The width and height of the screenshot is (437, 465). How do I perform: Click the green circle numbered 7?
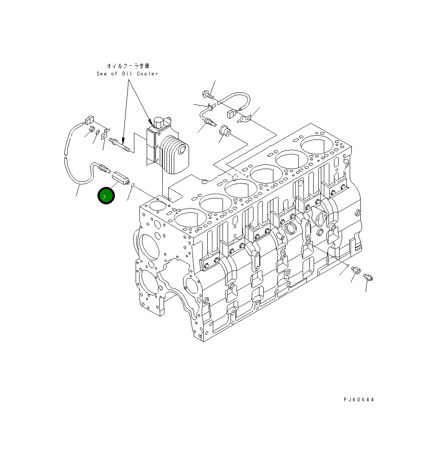pyautogui.click(x=106, y=196)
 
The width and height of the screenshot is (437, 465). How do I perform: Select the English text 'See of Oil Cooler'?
pyautogui.click(x=127, y=74)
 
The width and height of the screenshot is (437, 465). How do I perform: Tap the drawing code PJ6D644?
pyautogui.click(x=359, y=400)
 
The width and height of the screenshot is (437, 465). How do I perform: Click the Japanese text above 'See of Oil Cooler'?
pyautogui.click(x=128, y=66)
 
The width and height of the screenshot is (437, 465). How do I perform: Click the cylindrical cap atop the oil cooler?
pyautogui.click(x=159, y=123)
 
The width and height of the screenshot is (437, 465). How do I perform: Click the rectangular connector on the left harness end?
pyautogui.click(x=89, y=120)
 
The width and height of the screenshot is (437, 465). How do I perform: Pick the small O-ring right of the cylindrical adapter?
pyautogui.click(x=133, y=185)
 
